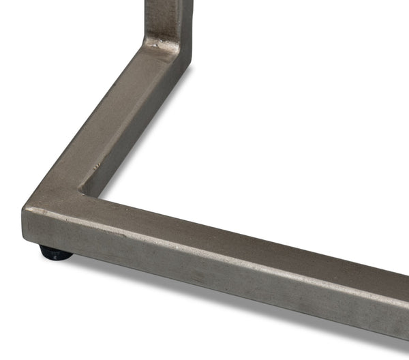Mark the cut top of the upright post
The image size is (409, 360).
click(x=167, y=1)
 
